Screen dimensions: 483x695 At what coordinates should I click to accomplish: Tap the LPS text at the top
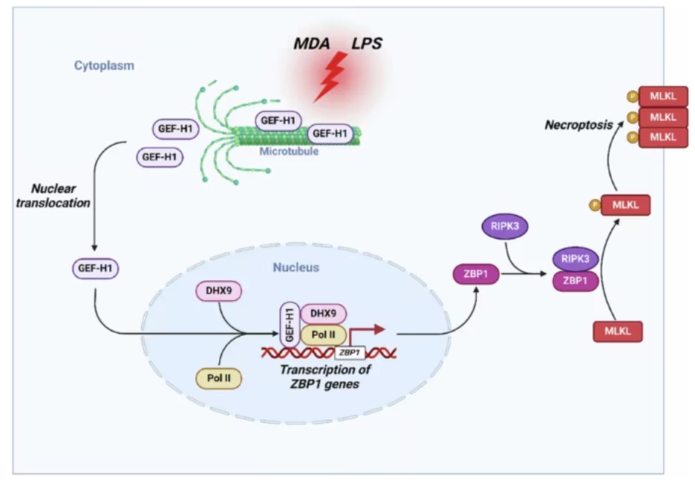coord(367,43)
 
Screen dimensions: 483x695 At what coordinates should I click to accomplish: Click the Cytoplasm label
coord(104,66)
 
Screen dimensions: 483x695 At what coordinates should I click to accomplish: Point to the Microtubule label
coord(289,151)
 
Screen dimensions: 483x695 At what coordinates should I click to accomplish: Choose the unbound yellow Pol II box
coord(218,378)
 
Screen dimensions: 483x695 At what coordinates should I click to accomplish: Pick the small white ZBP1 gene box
coord(349,352)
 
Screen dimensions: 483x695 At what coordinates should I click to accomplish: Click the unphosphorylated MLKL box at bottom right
coord(617,330)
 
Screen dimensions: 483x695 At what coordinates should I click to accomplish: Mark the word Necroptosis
coord(578,125)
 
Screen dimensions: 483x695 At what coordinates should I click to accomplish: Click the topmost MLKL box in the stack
coord(662,97)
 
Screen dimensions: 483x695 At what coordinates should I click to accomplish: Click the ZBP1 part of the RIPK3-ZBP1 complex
coord(575,281)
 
